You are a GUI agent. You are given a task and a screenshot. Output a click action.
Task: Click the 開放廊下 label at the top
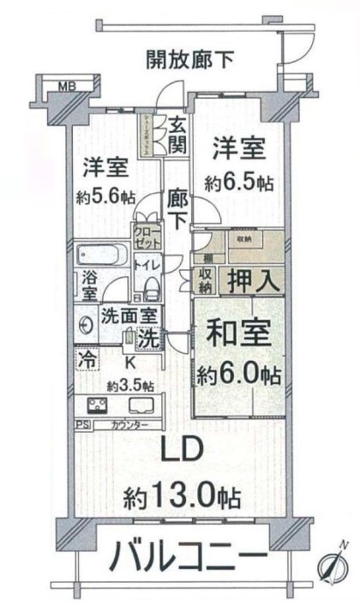click(x=189, y=61)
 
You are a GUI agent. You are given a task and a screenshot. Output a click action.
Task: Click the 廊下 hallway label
click(x=177, y=207)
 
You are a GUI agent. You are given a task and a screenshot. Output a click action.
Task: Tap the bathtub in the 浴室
click(x=101, y=257)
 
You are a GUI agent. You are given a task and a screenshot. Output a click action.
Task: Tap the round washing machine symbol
click(x=87, y=326)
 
